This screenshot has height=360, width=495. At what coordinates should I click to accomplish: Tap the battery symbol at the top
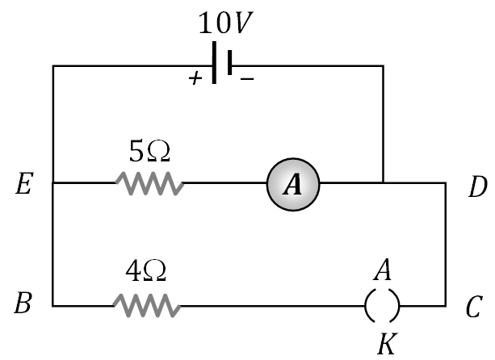223,65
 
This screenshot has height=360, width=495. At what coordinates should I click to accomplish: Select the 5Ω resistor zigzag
149,184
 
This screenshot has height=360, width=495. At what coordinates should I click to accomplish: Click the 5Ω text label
150,151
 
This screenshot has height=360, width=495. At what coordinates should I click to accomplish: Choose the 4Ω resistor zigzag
146,306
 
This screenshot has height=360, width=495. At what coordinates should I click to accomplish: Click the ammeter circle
294,185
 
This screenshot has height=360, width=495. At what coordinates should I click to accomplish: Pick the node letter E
24,187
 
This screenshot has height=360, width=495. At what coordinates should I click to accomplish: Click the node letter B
24,306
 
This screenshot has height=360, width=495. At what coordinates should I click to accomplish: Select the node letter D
477,187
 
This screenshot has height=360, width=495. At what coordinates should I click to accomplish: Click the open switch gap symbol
382,306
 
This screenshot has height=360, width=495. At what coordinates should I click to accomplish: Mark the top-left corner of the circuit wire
53,65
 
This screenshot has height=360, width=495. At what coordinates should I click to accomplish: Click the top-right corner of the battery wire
383,65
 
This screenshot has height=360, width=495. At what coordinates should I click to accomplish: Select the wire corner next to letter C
445,306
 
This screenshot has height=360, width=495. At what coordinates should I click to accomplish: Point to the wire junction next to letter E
53,183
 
